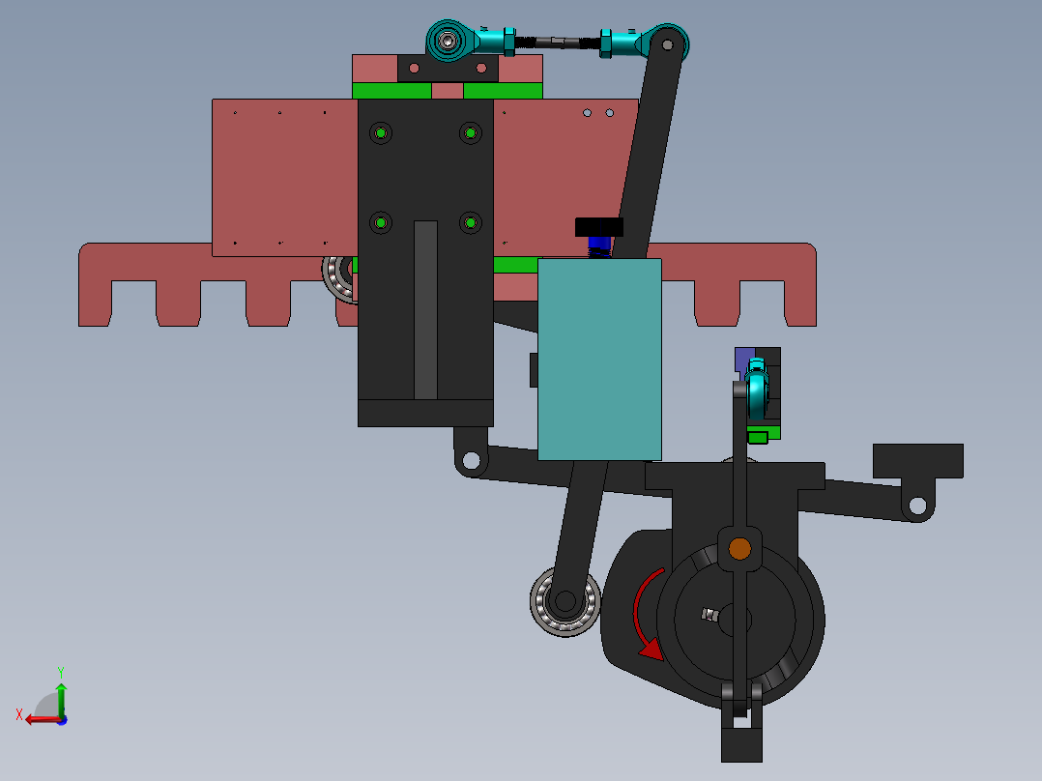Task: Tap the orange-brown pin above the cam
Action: (x=739, y=549)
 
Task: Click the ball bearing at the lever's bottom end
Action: (x=564, y=601)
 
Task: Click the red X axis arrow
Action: (x=39, y=718)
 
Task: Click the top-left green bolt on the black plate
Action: (x=382, y=132)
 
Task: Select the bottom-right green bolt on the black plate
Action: (x=470, y=223)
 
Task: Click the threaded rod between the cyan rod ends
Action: (x=556, y=41)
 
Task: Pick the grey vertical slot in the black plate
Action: (x=425, y=309)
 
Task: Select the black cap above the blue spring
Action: (x=599, y=227)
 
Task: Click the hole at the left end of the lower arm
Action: (x=471, y=460)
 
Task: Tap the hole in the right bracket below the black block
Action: (x=916, y=505)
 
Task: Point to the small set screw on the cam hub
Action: (x=710, y=614)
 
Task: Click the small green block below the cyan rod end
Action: (x=759, y=437)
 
